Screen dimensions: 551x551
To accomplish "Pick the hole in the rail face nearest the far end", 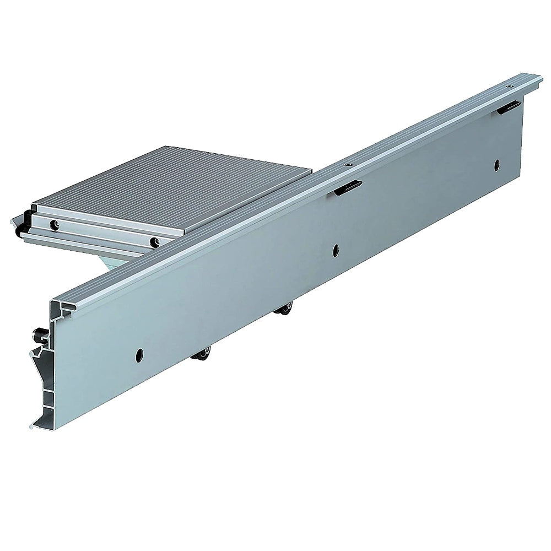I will point(496,164).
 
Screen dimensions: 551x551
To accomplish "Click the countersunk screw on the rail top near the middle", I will point(348,164).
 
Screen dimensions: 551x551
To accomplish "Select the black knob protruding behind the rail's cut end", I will point(39,333).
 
